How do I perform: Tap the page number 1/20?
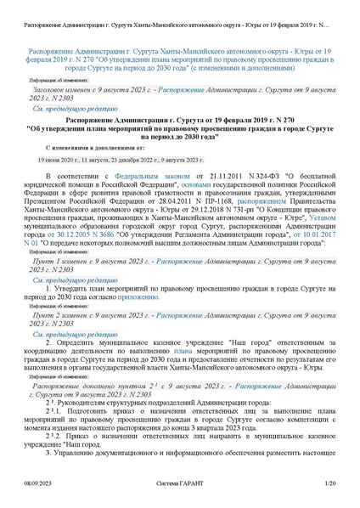(331, 483)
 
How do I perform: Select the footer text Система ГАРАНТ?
(180, 483)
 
